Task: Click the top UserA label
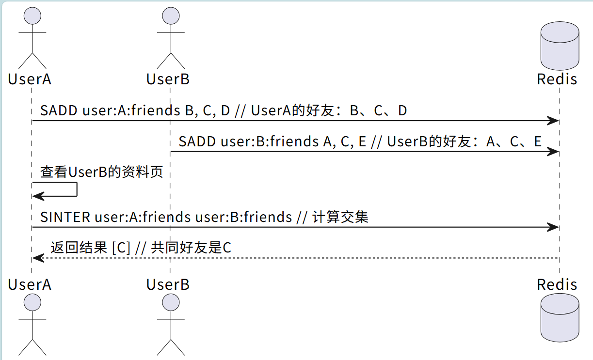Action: click(30, 79)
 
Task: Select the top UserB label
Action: click(168, 79)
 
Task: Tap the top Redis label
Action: click(557, 79)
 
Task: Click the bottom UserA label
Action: click(30, 284)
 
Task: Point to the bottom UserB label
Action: click(168, 284)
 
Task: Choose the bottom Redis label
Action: click(557, 284)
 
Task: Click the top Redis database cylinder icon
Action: click(560, 47)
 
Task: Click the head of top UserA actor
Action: click(32, 16)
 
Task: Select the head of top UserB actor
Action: click(170, 16)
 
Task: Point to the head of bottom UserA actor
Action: click(32, 303)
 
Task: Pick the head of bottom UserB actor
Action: click(170, 303)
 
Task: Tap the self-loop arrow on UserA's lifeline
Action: click(77, 189)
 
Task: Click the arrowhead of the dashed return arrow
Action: click(37, 258)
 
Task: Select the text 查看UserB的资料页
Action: click(101, 172)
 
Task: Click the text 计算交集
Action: click(340, 217)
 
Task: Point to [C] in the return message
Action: click(121, 248)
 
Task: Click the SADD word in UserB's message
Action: click(197, 141)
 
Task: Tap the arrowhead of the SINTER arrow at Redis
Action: click(554, 227)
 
